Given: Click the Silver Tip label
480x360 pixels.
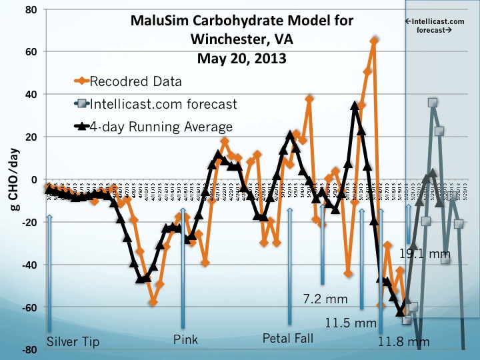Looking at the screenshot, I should point(73,341).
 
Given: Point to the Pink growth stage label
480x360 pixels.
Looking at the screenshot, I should point(185,340).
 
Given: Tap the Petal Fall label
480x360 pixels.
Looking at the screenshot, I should point(288,338).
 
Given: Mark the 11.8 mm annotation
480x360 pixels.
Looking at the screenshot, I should point(403,342).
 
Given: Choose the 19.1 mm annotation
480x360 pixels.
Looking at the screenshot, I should point(425,254).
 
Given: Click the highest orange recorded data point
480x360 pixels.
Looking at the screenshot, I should point(375,41).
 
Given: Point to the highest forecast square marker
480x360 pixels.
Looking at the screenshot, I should point(433,103).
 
